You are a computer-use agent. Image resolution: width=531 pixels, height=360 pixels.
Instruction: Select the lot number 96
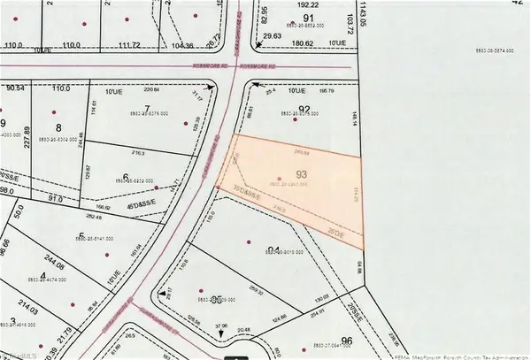point(346,341)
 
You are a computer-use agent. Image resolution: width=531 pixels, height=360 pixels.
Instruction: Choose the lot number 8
point(45,128)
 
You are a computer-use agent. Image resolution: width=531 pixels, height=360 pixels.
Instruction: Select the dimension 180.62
point(304,42)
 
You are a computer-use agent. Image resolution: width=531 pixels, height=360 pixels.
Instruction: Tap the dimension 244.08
point(53,258)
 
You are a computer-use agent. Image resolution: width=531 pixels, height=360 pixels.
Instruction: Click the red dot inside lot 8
point(58,111)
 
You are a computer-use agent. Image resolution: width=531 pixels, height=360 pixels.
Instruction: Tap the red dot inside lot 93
point(280,180)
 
